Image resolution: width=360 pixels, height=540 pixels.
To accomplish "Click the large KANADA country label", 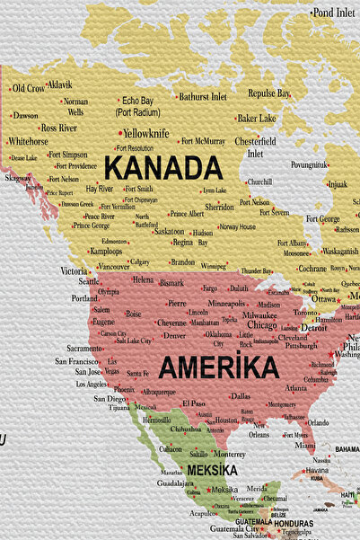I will [x=162, y=168].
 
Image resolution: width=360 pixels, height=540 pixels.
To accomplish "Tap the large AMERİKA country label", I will [x=218, y=367].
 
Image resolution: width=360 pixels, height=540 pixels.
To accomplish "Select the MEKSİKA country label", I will [x=212, y=470].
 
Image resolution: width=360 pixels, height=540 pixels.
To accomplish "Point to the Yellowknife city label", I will [x=145, y=133].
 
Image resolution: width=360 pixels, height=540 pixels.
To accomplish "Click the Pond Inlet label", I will [x=334, y=13].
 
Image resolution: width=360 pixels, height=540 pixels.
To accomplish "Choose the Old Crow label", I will [x=28, y=88].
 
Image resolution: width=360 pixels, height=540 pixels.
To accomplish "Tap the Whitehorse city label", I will [x=28, y=141].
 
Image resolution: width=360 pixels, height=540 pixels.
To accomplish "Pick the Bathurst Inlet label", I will [x=203, y=96].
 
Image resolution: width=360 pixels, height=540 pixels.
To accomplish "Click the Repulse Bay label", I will [x=269, y=93].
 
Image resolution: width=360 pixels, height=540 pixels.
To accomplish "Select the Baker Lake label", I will [x=257, y=118].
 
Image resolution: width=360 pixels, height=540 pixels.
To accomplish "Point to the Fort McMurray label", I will [x=203, y=141].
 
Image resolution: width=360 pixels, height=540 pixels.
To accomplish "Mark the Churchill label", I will [x=259, y=181].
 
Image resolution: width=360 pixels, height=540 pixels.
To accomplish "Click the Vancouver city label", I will [x=114, y=266].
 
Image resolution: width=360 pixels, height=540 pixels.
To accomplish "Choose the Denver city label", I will [x=174, y=335].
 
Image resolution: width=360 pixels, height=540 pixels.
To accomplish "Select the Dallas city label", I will [x=240, y=395].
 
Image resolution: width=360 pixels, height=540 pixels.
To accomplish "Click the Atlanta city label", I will [x=295, y=388].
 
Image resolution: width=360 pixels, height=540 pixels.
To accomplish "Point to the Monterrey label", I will [x=230, y=455].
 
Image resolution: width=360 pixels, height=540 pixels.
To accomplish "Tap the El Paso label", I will [x=194, y=403].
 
